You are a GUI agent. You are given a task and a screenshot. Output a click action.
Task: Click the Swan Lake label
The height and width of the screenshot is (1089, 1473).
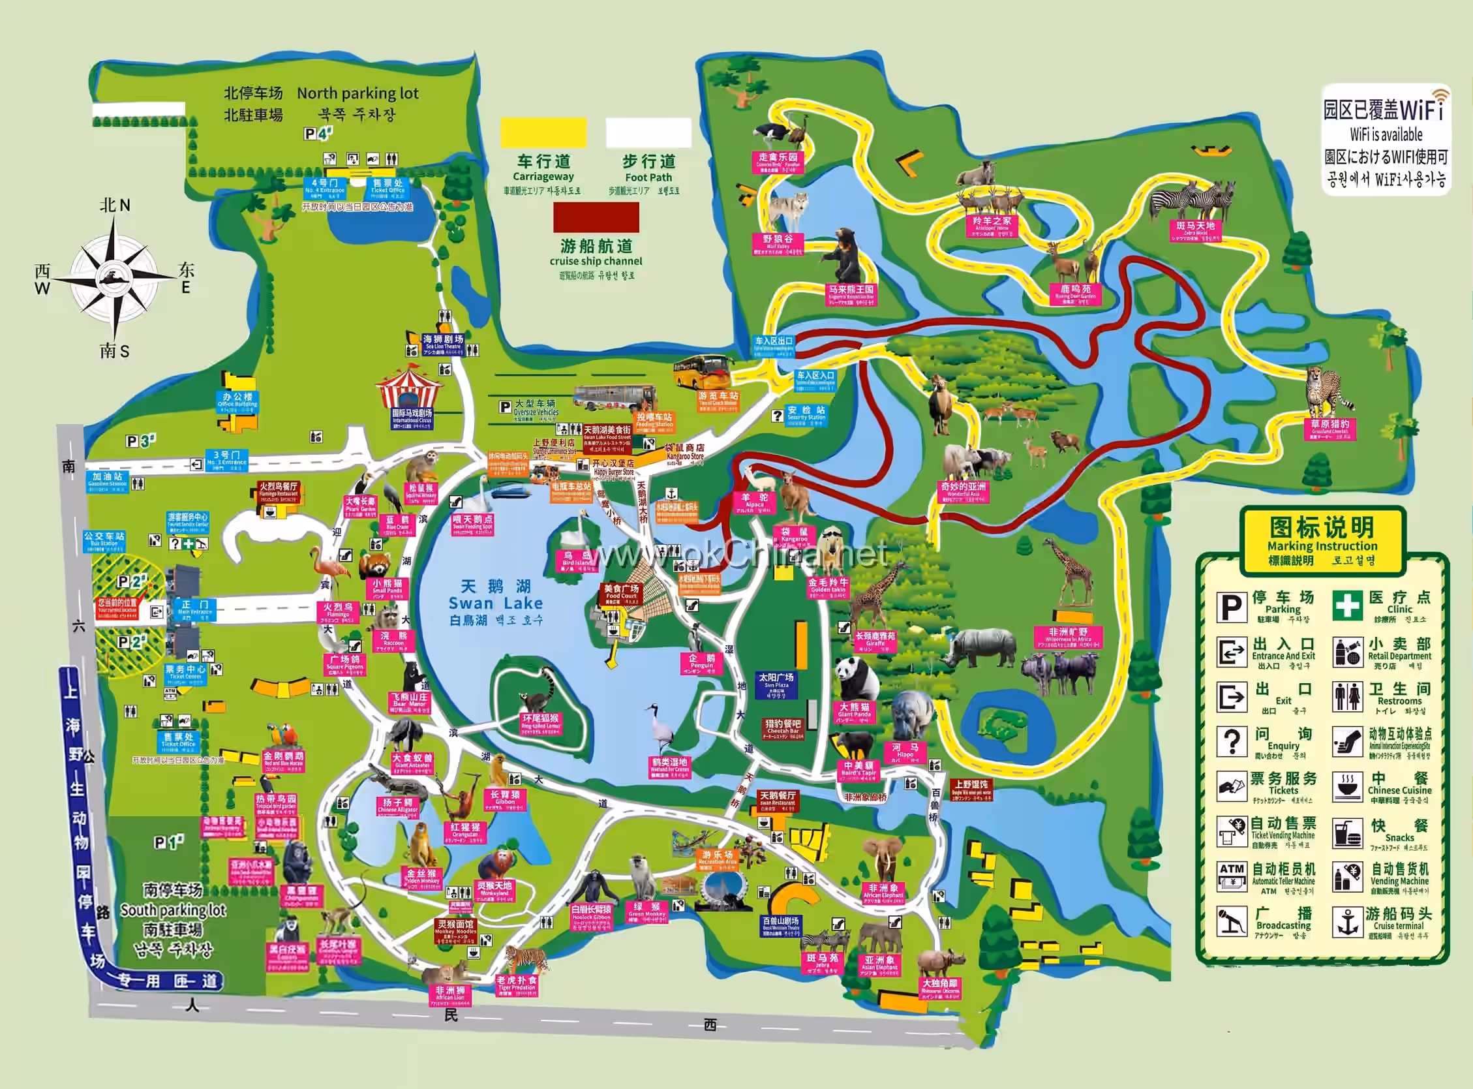(496, 602)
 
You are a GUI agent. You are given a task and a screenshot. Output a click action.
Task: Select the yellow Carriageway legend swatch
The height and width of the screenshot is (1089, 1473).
(543, 132)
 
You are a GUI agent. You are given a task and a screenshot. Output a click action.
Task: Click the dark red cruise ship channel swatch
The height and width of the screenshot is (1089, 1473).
(596, 217)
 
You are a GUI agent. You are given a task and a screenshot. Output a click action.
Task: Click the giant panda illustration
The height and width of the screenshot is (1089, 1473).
(856, 679)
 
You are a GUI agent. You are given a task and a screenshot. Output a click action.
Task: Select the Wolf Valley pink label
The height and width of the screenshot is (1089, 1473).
(778, 243)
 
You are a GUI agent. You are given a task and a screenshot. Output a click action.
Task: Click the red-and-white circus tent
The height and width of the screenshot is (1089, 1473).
(408, 389)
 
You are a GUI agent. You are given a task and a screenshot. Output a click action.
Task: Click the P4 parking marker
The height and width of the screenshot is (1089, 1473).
(318, 134)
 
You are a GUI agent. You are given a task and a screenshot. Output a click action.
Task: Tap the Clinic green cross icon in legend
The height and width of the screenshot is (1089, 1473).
(1346, 605)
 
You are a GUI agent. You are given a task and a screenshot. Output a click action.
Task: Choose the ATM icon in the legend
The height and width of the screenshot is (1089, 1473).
(1231, 877)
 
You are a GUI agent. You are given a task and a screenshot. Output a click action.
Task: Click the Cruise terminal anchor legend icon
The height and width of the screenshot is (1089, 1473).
(1346, 921)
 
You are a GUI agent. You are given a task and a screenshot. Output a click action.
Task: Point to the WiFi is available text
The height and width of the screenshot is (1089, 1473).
(1386, 135)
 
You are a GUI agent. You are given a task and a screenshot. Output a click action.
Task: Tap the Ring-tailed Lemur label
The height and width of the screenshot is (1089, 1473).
(540, 722)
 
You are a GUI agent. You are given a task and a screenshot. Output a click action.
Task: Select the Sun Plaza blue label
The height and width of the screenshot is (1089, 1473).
(776, 684)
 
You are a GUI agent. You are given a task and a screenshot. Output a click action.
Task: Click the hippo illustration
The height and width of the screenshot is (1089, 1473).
(913, 716)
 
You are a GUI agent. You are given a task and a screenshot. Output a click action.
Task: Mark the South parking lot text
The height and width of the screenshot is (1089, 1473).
(173, 910)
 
